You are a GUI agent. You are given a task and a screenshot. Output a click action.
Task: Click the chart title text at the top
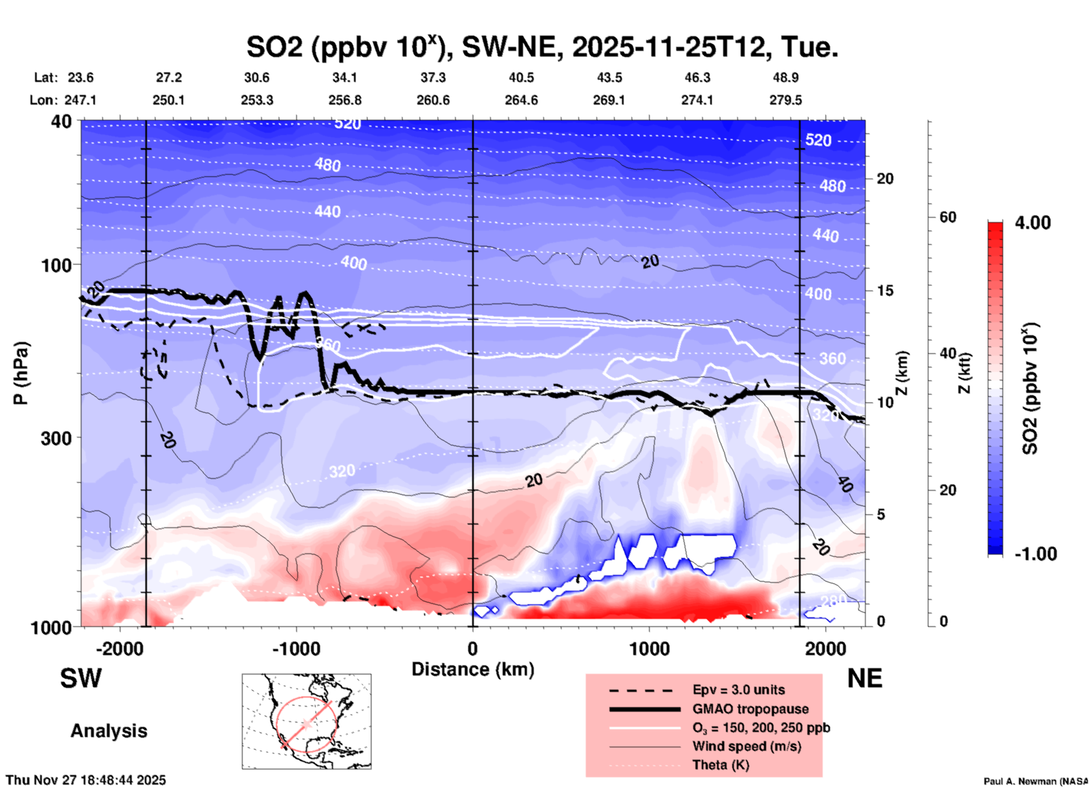click(542, 47)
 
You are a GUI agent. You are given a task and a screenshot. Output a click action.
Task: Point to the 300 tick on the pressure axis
click(57, 438)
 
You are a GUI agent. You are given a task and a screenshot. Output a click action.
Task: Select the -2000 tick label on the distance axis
click(119, 648)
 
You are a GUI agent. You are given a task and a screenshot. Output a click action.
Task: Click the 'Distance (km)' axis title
click(473, 669)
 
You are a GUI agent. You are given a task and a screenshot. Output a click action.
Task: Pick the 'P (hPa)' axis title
click(21, 373)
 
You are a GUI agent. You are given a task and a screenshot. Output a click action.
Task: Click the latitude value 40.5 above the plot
click(521, 77)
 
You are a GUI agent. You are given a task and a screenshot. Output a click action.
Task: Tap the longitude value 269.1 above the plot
click(609, 100)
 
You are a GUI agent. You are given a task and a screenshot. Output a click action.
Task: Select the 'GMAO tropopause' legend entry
click(750, 709)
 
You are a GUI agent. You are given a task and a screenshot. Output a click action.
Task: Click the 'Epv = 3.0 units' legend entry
click(738, 690)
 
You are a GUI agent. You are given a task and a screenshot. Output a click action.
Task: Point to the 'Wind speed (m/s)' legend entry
click(746, 746)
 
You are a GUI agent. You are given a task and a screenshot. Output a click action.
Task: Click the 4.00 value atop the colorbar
click(1032, 223)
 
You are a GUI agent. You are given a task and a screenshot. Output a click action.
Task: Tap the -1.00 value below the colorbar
click(1035, 554)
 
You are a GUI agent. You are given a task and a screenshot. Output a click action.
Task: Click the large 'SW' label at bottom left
click(81, 678)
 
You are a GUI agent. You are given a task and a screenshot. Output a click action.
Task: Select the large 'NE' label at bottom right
click(864, 678)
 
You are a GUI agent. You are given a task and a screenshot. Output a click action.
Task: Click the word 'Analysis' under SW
click(109, 731)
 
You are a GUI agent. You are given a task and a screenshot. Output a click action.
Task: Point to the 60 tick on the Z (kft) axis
click(948, 217)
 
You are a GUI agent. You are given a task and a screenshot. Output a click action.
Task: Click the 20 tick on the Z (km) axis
click(885, 179)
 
